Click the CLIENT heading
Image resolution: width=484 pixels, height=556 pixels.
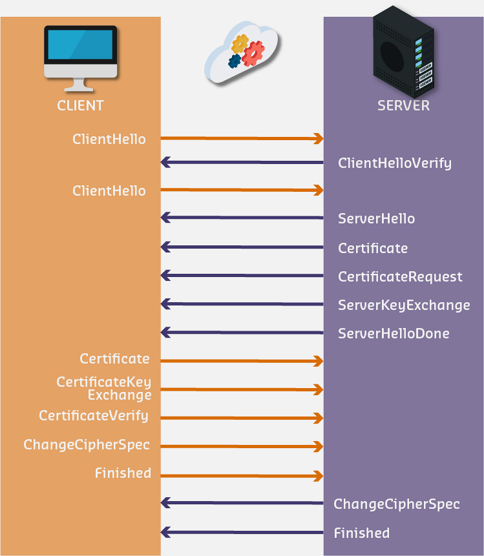(80, 105)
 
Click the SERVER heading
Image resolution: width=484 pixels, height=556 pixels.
(403, 105)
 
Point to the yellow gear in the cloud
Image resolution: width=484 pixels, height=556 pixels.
(240, 44)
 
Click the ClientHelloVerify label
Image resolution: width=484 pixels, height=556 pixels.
(394, 163)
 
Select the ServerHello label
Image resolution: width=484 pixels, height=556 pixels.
(376, 218)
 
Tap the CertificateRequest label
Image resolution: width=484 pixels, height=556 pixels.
(400, 276)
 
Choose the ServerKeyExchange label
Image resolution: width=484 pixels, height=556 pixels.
(404, 305)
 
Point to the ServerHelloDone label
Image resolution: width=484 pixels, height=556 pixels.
(394, 333)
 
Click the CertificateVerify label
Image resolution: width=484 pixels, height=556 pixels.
(94, 415)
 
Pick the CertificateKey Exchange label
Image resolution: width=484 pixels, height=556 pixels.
(104, 388)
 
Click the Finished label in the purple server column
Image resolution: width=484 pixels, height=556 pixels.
(361, 533)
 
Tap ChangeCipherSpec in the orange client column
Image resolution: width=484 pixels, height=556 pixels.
(87, 444)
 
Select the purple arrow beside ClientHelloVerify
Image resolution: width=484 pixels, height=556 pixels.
(242, 162)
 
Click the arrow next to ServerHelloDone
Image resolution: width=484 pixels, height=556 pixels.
(242, 333)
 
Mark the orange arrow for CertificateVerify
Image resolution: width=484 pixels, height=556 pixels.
(242, 418)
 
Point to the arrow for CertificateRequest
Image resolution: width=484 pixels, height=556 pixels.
(242, 276)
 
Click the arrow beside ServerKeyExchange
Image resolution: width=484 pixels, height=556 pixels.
(242, 304)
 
